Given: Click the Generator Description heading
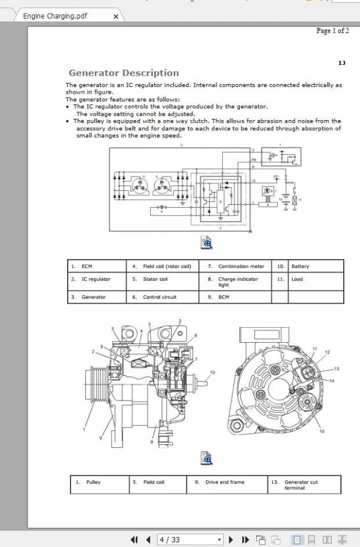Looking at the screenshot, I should click(x=124, y=73).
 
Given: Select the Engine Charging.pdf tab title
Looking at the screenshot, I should click(x=55, y=16).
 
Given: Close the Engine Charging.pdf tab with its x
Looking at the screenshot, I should click(x=116, y=16).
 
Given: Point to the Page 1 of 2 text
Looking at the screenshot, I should click(x=332, y=31).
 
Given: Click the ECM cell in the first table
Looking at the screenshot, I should click(x=87, y=266).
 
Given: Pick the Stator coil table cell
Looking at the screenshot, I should click(x=155, y=279).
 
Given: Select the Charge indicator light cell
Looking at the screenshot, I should click(x=238, y=282).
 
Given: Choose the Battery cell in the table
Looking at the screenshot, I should click(x=300, y=266).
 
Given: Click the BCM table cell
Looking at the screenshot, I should click(x=224, y=297).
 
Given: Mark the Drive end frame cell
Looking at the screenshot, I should click(x=224, y=482).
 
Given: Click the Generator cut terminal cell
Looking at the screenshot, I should click(x=301, y=485).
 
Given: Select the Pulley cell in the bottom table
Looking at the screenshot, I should click(x=93, y=482).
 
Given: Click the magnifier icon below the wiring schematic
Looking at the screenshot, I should click(x=206, y=243).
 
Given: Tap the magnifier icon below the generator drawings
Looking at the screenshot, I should click(x=206, y=458).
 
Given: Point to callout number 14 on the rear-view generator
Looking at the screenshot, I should click(x=332, y=381).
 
